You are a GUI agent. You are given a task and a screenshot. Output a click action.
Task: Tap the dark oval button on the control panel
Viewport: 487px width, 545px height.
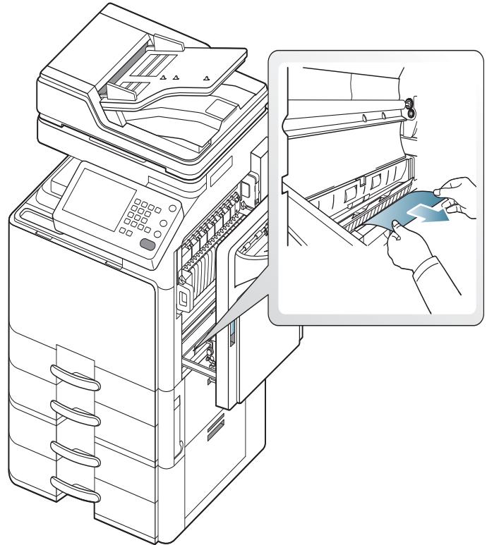pos(148,244)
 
